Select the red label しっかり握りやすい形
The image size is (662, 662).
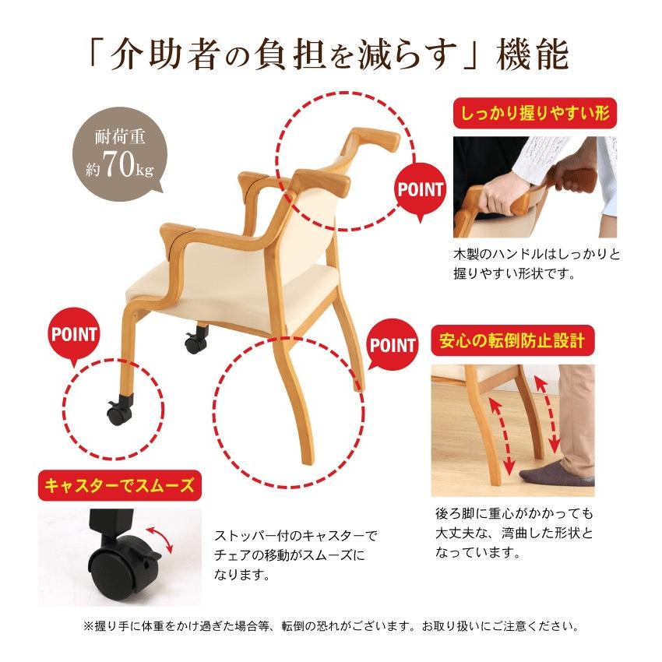[534, 114]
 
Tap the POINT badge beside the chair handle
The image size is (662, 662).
[421, 189]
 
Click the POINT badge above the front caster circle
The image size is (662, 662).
[75, 335]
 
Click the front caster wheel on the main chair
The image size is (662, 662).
[117, 413]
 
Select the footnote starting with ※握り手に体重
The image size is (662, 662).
[330, 626]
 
